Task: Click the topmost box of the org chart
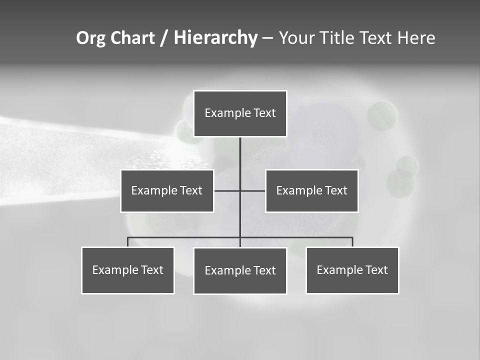tap(240, 113)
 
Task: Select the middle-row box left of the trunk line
tap(167, 190)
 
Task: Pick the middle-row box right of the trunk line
tap(312, 190)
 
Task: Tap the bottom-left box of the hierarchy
tap(128, 270)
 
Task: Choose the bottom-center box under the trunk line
tap(240, 270)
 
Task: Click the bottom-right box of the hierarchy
tap(352, 270)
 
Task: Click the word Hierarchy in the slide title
tap(215, 38)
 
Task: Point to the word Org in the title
tap(90, 38)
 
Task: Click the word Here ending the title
tap(416, 38)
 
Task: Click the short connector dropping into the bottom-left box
tap(128, 242)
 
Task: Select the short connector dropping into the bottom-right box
tap(352, 242)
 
